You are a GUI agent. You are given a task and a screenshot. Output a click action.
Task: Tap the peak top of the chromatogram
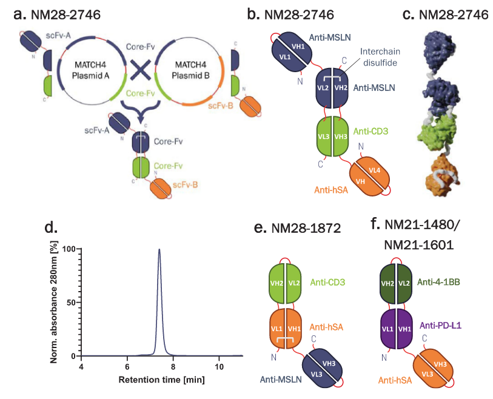pyautogui.click(x=159, y=249)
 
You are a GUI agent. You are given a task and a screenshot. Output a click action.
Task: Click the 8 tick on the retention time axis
pyautogui.click(x=173, y=366)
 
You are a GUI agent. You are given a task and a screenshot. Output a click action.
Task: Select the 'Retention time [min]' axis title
pyautogui.click(x=162, y=380)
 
